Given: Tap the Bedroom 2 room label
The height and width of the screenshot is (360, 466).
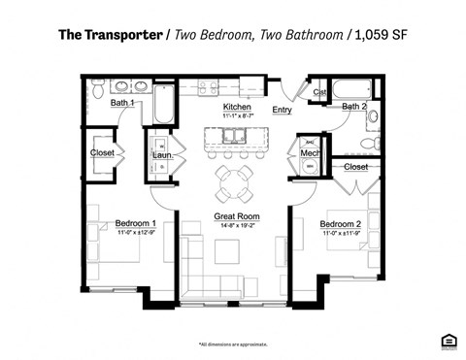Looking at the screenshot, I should coord(341,225).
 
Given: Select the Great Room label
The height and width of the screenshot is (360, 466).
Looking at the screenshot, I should coord(236,216).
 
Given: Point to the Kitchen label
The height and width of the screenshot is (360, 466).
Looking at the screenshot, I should coord(237,107).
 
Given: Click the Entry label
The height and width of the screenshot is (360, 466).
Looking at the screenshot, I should coord(283,111).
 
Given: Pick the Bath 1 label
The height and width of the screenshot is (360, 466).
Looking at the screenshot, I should coord(121,102).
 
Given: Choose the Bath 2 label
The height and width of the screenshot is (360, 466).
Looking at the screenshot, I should coord(354,107).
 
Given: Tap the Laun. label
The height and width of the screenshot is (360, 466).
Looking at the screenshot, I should coord(162,153).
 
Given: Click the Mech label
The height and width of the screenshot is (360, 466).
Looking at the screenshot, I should coord(310,153).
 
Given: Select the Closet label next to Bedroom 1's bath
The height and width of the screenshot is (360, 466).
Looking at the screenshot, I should coord(103,152).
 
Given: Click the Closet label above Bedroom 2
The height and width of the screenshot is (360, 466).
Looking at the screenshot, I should coord(355,167).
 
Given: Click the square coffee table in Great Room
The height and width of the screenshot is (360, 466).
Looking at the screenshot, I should coord(227,250).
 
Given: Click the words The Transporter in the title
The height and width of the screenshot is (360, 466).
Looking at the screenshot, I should coord(110,36).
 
